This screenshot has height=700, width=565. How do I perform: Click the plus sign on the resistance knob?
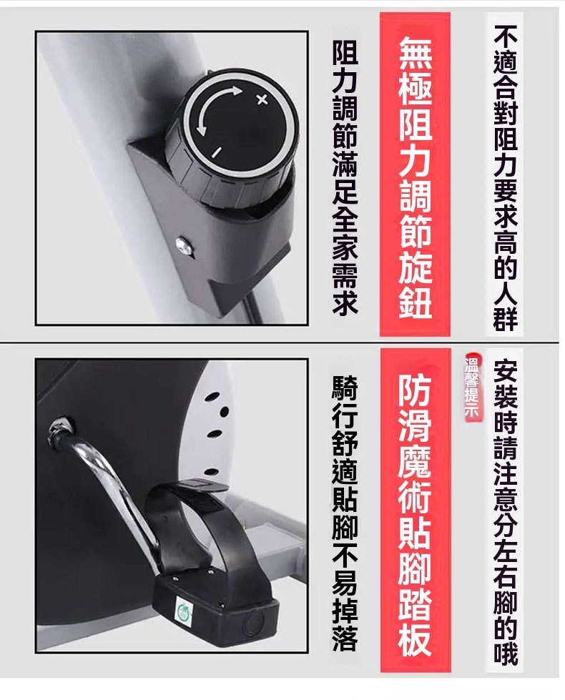(262, 99)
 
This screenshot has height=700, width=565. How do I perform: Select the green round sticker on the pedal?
(184, 609)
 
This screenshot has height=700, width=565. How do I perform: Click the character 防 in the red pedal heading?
(415, 388)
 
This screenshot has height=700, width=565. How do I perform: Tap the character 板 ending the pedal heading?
(415, 638)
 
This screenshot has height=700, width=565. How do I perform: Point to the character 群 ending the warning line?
(505, 318)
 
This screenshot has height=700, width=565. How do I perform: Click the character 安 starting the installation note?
(505, 372)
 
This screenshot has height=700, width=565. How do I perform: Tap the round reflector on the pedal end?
(252, 622)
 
